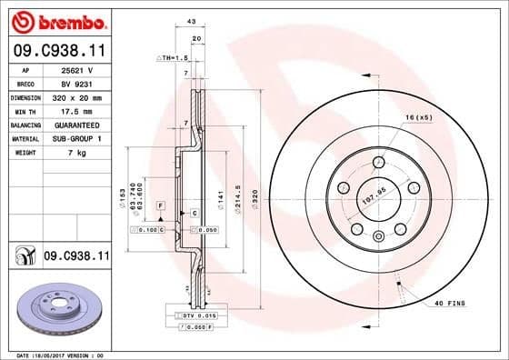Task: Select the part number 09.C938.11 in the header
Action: pyautogui.click(x=58, y=52)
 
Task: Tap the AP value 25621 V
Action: pyautogui.click(x=77, y=69)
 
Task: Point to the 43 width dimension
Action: pyautogui.click(x=191, y=22)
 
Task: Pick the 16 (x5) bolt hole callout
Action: pyautogui.click(x=418, y=118)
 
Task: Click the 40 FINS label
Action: pyautogui.click(x=450, y=302)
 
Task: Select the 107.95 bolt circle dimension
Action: pyautogui.click(x=374, y=193)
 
